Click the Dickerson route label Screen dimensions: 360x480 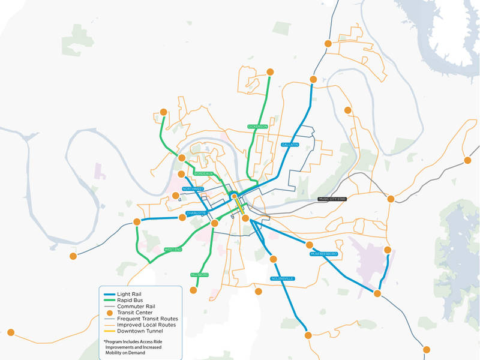coord(257,127)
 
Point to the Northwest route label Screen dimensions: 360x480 coord(194,188)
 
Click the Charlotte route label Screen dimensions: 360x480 coord(196,213)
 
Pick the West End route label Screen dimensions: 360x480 coord(173,250)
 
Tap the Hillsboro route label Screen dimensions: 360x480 coord(200,274)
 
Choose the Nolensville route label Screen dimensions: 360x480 coord(282,278)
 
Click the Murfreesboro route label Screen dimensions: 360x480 coord(324,254)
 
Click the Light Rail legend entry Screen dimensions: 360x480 coord(133,293)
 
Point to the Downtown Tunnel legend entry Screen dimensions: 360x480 coord(145,332)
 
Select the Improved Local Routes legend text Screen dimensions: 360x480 coord(148,325)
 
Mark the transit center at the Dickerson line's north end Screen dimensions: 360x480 coord(270,72)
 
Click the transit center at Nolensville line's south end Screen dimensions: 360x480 coord(307,335)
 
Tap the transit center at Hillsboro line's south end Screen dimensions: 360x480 coord(193,290)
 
